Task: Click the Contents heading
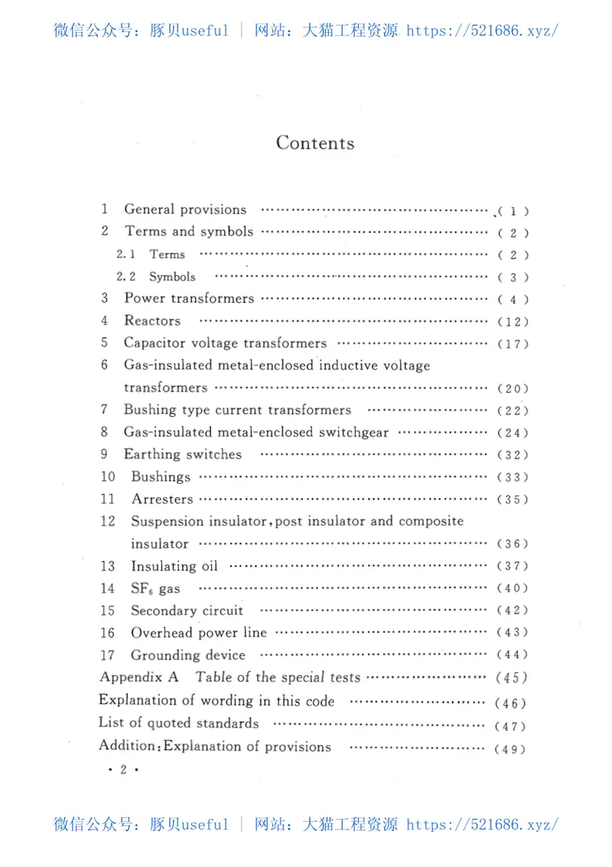(x=315, y=143)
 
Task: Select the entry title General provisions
(x=185, y=209)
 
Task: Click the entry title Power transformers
(x=189, y=298)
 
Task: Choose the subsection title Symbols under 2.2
(x=172, y=277)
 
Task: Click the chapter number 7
(x=104, y=410)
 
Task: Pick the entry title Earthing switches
(x=183, y=454)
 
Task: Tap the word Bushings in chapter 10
(x=161, y=476)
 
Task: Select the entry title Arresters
(x=162, y=499)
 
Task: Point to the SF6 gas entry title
(x=155, y=589)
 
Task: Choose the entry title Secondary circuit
(x=187, y=610)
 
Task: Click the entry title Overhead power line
(x=199, y=632)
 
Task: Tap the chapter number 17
(x=107, y=654)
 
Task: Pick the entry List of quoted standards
(x=179, y=722)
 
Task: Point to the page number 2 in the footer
(x=122, y=770)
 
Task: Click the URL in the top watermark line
(x=482, y=31)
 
